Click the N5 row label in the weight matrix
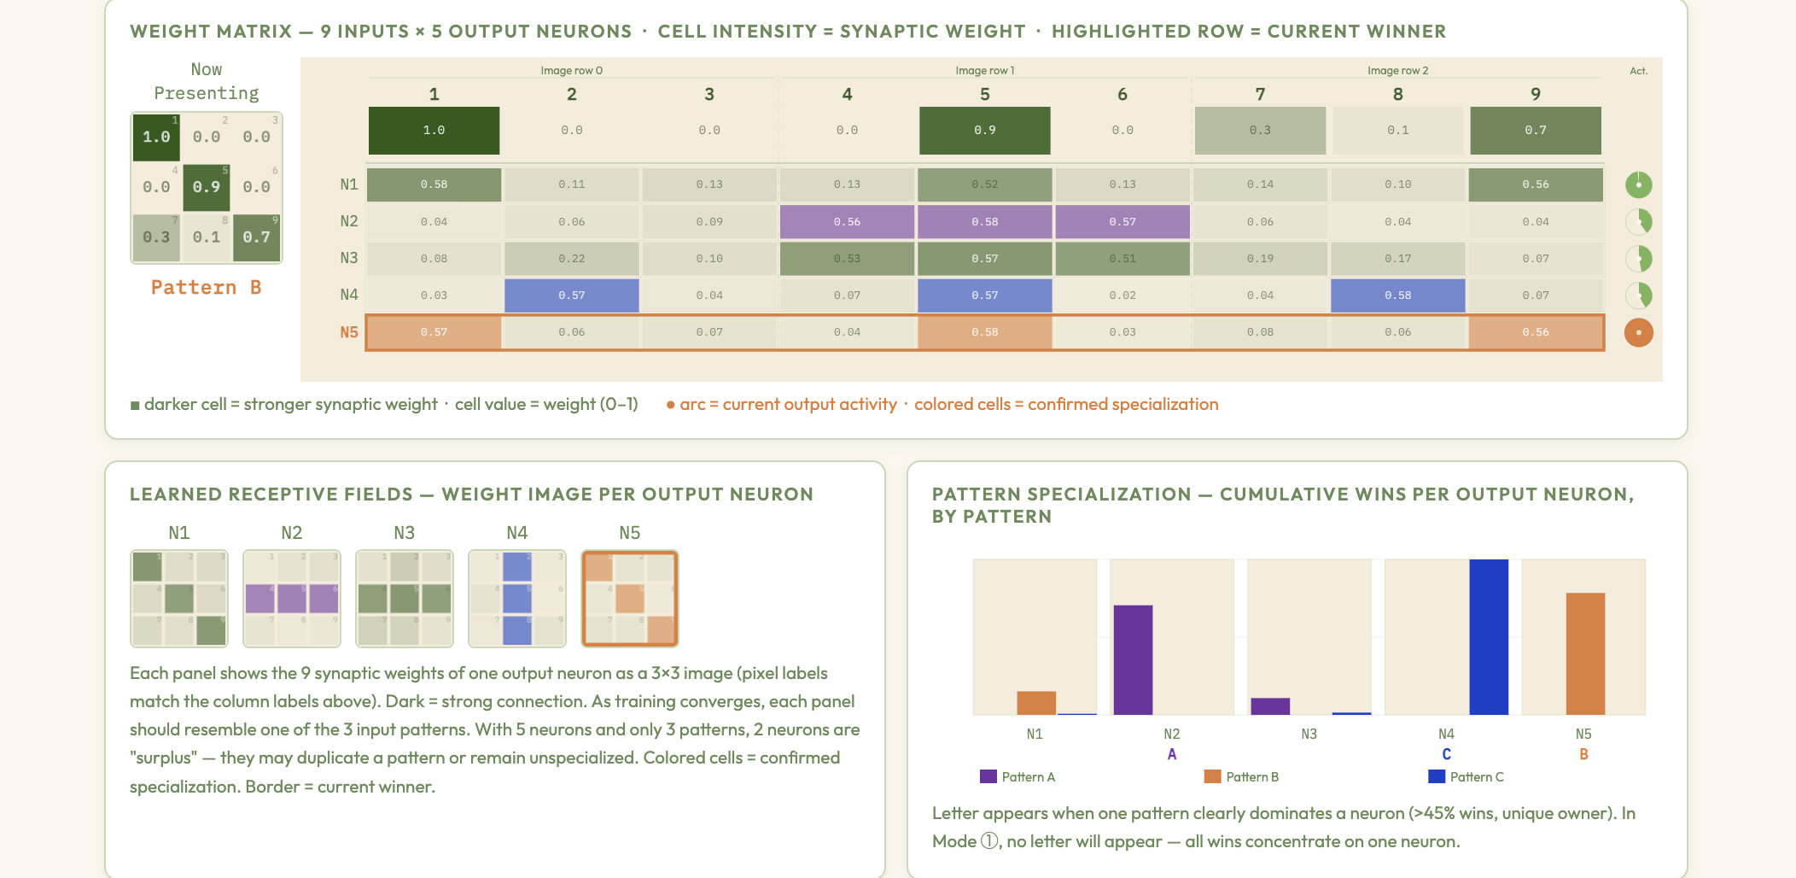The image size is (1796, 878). [349, 332]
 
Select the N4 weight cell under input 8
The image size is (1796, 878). [1397, 296]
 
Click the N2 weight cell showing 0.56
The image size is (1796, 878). [847, 222]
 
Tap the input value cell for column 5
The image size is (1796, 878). [984, 131]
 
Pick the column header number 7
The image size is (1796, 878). [1260, 94]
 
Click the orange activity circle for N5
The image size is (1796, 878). [1638, 332]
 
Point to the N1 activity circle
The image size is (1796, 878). [1638, 184]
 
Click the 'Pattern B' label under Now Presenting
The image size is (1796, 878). [206, 288]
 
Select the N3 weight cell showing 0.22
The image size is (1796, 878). [571, 259]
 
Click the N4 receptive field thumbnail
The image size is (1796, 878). [517, 598]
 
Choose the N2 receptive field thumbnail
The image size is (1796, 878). [292, 598]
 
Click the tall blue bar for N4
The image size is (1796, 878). [1489, 637]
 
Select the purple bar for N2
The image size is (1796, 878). [1133, 659]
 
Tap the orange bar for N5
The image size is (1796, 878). [1585, 653]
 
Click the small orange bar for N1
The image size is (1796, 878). [1036, 703]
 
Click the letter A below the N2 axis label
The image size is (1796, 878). [1172, 754]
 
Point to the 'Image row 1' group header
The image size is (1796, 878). [984, 71]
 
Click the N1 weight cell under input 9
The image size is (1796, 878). [1535, 184]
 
